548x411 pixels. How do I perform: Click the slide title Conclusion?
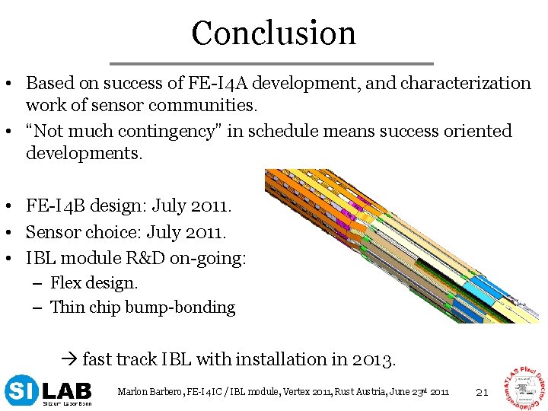[273, 33]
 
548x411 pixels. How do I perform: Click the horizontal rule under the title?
[272, 63]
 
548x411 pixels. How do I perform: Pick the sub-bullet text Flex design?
[94, 283]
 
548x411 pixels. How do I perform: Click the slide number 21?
[481, 392]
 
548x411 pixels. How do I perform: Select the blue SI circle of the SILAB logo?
[19, 390]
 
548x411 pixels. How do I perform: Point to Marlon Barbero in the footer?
[145, 392]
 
